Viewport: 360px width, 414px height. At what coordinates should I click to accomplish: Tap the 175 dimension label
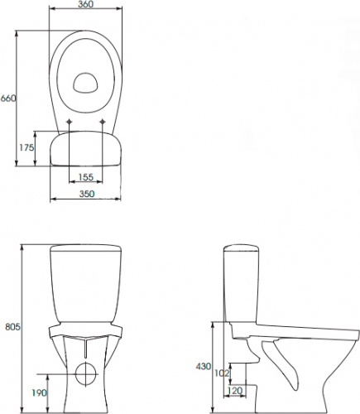[25, 147]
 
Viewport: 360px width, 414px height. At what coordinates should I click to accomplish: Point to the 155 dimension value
[86, 177]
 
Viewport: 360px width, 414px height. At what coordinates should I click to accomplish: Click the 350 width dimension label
[87, 194]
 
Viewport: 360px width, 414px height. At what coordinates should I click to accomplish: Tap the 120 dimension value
[235, 390]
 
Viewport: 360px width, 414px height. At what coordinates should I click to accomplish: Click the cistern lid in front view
[86, 248]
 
